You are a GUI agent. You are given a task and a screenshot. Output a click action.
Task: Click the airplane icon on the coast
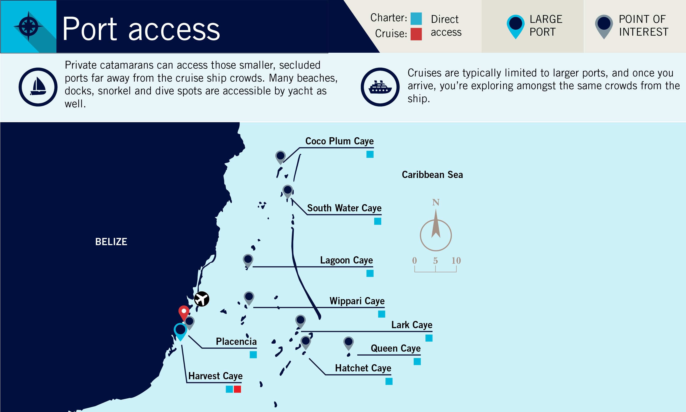pos(201,299)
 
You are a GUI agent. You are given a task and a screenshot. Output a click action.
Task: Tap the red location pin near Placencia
pos(184,313)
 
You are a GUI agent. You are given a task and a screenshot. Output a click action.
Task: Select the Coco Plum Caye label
pos(340,141)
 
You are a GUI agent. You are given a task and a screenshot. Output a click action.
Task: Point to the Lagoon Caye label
pos(346,260)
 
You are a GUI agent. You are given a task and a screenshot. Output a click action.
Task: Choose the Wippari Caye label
pos(357,301)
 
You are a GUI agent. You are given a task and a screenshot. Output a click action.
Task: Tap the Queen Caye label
pos(396,348)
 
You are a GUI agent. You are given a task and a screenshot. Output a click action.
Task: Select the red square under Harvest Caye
pos(237,389)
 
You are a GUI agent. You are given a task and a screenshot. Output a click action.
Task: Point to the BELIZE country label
pos(111,242)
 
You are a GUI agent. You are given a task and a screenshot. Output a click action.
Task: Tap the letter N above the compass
pos(436,202)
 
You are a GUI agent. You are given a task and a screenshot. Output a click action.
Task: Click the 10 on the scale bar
pos(456,260)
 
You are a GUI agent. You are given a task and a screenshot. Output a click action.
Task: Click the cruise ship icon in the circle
pos(380,87)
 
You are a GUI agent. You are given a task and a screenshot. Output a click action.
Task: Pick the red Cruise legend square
pos(416,34)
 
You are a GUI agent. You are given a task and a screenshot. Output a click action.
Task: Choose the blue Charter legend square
pos(416,19)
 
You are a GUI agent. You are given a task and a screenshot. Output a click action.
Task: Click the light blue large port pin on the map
pos(180,331)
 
